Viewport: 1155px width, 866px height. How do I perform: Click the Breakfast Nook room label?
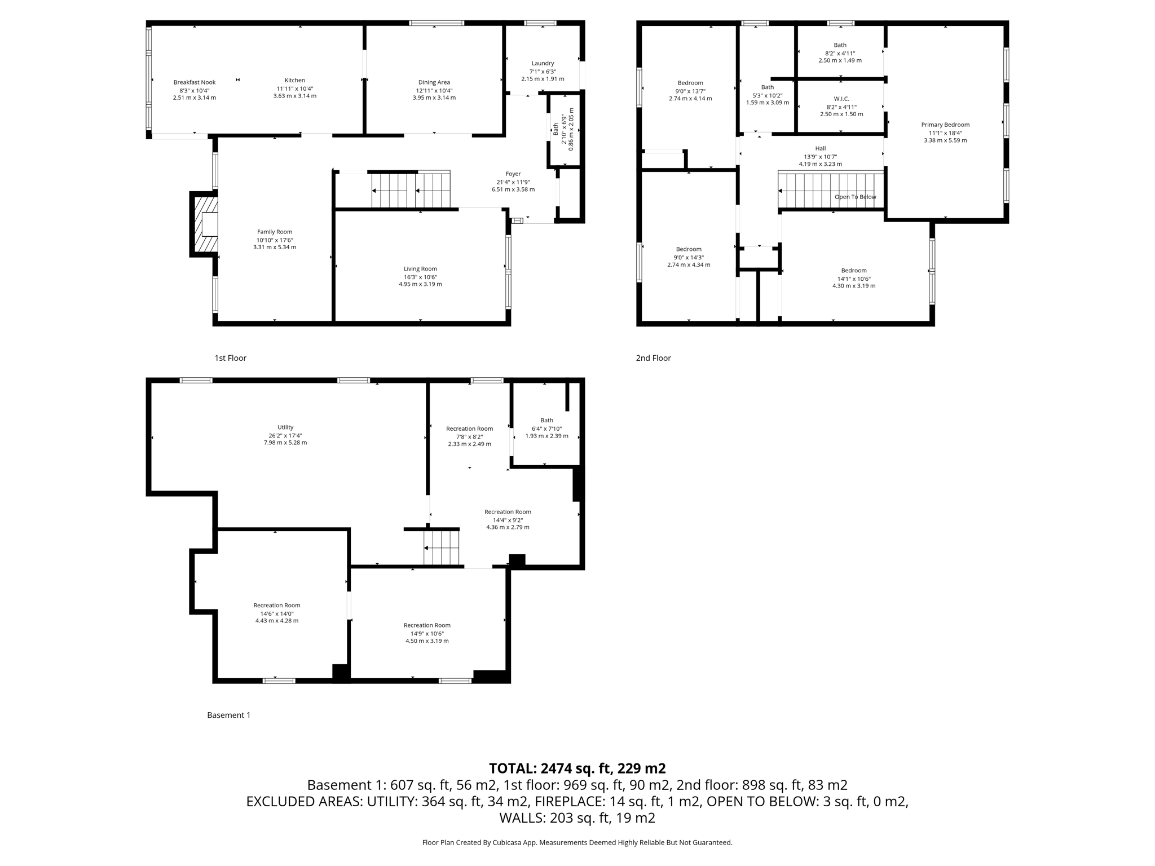point(194,82)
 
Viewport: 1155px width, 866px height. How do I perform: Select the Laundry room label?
point(543,63)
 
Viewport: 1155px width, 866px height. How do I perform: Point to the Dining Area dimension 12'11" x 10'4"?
point(434,90)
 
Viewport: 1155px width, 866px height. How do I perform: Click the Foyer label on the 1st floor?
point(513,174)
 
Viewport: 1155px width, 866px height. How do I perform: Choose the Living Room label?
point(420,269)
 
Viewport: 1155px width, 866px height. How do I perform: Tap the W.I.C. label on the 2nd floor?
point(841,99)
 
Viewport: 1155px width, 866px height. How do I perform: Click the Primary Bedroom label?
point(945,125)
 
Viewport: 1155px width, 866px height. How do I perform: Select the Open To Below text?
point(855,197)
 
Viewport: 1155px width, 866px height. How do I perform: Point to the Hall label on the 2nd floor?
point(820,148)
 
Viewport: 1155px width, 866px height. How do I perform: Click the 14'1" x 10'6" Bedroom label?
point(853,271)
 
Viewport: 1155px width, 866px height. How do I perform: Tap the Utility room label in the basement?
point(285,427)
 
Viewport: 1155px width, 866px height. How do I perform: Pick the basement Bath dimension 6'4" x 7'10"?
point(546,428)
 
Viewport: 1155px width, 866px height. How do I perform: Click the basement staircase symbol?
point(442,547)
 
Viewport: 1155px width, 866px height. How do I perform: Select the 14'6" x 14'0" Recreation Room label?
point(276,606)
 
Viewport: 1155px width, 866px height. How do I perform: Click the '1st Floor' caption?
point(230,358)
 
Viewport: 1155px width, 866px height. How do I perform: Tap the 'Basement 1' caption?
point(228,715)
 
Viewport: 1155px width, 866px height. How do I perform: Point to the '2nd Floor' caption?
point(653,358)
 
